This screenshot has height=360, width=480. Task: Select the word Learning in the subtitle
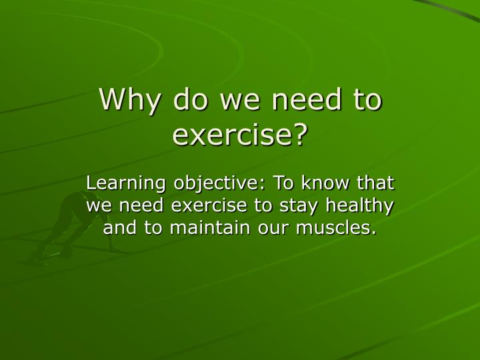[127, 183]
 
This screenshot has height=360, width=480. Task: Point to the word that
[376, 183]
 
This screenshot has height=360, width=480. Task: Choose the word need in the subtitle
[141, 206]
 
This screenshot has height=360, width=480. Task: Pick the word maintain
[197, 229]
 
